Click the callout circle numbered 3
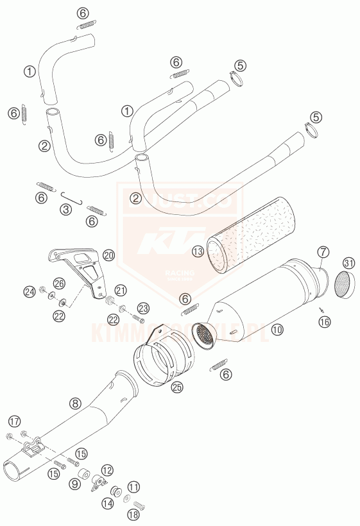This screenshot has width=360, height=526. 65,209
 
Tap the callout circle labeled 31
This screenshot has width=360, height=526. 348,262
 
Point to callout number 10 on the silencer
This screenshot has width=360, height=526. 277,330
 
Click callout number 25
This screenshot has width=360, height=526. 178,386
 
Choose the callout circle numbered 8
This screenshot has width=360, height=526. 76,403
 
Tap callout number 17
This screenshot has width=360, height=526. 14,421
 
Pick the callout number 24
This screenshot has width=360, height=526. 28,292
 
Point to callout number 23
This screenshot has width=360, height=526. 142,307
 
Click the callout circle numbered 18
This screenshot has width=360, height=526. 133,514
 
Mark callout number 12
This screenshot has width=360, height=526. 107,470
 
